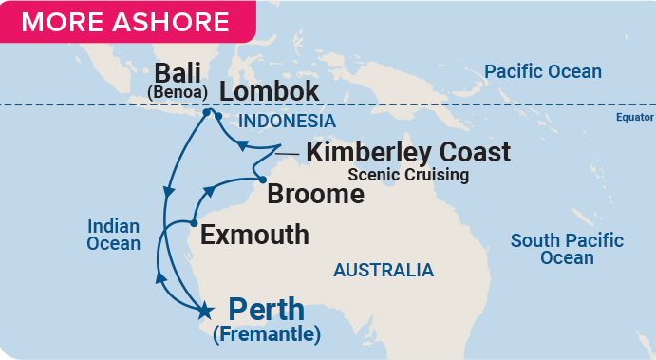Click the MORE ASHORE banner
tap(125, 22)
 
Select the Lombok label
tap(270, 91)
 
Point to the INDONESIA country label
tap(287, 121)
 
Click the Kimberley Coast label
tap(407, 152)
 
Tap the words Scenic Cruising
tap(407, 175)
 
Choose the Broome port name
tap(315, 195)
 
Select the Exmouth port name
tap(255, 234)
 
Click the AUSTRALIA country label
tap(383, 271)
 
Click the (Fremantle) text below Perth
tap(267, 333)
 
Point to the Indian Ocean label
tap(114, 235)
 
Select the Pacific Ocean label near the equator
tap(542, 71)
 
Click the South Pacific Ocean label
tap(567, 249)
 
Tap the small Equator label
tap(633, 119)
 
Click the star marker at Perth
tap(203, 309)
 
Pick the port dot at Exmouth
tap(194, 223)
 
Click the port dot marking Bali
tap(206, 112)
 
